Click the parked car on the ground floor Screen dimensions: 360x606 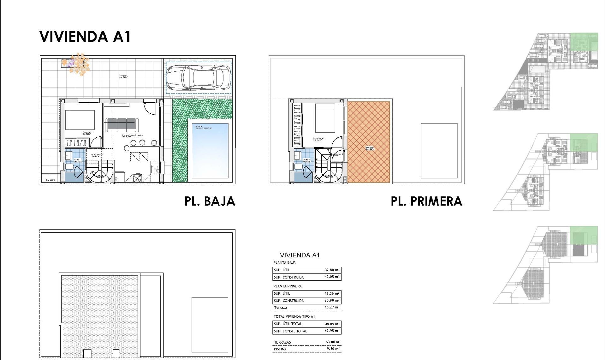pyautogui.click(x=198, y=77)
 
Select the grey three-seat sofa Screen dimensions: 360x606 pyautogui.click(x=122, y=125)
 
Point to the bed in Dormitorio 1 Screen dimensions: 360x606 pyautogui.click(x=80, y=120)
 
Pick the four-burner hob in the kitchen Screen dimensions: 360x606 pyautogui.click(x=138, y=178)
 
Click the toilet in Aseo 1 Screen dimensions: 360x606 pyautogui.click(x=69, y=167)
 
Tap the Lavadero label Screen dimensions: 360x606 pyautogui.click(x=50, y=180)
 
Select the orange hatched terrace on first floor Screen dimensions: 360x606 pyautogui.click(x=369, y=142)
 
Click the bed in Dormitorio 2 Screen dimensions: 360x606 pyautogui.click(x=325, y=118)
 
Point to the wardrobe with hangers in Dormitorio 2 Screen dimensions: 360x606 pyautogui.click(x=297, y=125)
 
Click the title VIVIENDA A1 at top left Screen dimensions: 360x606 pyautogui.click(x=85, y=37)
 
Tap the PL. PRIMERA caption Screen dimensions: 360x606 pyautogui.click(x=426, y=201)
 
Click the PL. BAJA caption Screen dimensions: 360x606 pyautogui.click(x=210, y=201)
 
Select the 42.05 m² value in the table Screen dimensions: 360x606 pyautogui.click(x=332, y=277)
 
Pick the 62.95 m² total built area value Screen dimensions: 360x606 pyautogui.click(x=332, y=331)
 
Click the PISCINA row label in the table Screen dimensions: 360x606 pyautogui.click(x=280, y=349)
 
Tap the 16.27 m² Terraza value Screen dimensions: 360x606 pyautogui.click(x=332, y=307)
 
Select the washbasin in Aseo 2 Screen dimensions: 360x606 pyautogui.click(x=297, y=155)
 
